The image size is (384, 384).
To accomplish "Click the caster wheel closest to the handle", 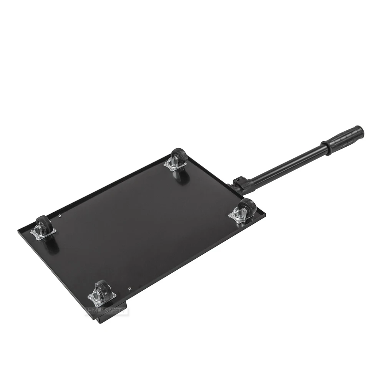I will coord(248,207).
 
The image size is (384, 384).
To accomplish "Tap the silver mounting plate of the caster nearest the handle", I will coord(238,216).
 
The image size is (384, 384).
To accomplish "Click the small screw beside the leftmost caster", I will coord(61,216).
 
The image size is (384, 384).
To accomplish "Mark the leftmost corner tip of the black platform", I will coord(18,232).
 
